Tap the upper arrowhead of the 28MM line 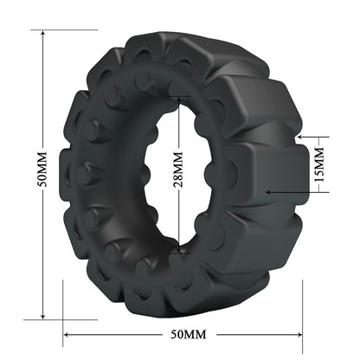click(179, 88)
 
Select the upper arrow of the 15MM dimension click(301, 136)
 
